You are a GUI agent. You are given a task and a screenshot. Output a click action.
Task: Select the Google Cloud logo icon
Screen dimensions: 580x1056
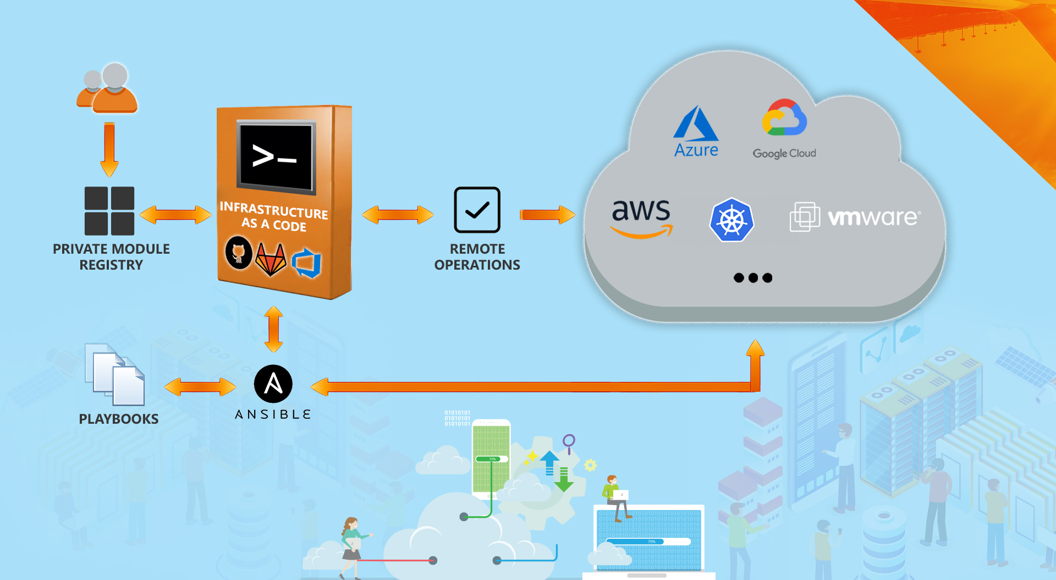[x=784, y=118]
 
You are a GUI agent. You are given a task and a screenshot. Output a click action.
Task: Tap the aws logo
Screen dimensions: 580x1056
[x=642, y=218]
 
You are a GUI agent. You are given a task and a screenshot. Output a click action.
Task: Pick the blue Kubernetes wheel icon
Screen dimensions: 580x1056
[x=732, y=220]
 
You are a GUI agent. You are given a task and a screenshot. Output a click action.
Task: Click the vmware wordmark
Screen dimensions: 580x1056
[x=873, y=218]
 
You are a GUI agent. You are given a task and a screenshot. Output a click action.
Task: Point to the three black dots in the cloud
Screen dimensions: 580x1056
[x=752, y=278]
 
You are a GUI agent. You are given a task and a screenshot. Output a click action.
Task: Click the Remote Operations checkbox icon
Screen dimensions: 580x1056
[x=477, y=210]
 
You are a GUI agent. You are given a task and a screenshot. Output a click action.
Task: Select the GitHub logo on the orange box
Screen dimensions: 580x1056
[x=239, y=253]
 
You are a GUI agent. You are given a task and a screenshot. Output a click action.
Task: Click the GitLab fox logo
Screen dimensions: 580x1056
[x=271, y=259]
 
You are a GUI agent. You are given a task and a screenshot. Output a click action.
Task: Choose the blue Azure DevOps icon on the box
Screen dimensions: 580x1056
[x=306, y=263]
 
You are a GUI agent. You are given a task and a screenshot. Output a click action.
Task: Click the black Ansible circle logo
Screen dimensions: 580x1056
[x=273, y=384]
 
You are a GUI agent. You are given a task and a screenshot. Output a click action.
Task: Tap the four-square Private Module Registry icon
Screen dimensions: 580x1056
[x=109, y=211]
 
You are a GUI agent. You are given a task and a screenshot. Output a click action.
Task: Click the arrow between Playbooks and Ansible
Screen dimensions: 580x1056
[x=200, y=387]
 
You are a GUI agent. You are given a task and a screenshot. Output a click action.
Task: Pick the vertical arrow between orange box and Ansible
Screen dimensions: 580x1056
[x=273, y=329]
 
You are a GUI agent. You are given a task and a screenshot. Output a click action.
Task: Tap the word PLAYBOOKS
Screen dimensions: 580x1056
[x=119, y=419]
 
